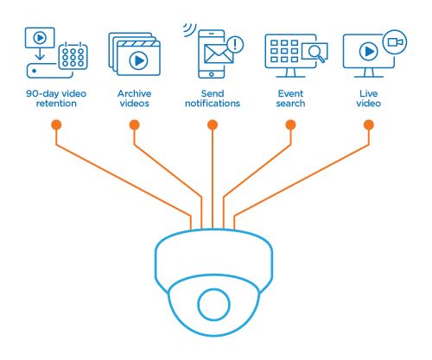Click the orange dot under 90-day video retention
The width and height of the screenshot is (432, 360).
tap(56, 125)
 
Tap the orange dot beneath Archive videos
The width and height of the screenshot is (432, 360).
tap(135, 125)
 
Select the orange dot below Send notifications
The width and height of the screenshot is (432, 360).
tap(213, 125)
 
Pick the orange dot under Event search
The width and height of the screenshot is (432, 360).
tap(290, 125)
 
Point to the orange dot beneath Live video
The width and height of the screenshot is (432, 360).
tap(369, 125)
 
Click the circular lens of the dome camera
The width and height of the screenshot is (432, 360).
tap(213, 305)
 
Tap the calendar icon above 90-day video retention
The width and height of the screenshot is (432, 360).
tap(73, 56)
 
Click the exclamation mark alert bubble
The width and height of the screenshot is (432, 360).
tap(235, 45)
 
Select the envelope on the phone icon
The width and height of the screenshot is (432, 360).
tap(219, 54)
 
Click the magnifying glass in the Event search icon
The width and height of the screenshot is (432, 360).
tap(316, 54)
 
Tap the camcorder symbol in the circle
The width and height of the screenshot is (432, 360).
tap(395, 42)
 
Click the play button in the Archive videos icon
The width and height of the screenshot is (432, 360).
tap(138, 60)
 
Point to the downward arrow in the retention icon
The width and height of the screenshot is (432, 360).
tap(40, 54)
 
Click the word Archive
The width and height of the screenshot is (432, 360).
tap(135, 93)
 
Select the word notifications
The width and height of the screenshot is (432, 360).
tap(213, 104)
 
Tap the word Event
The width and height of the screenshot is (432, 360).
tap(290, 93)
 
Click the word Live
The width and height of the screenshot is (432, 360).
tap(369, 93)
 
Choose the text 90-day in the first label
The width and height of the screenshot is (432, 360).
tap(42, 94)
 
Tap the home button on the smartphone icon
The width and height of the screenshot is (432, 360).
tap(212, 74)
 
